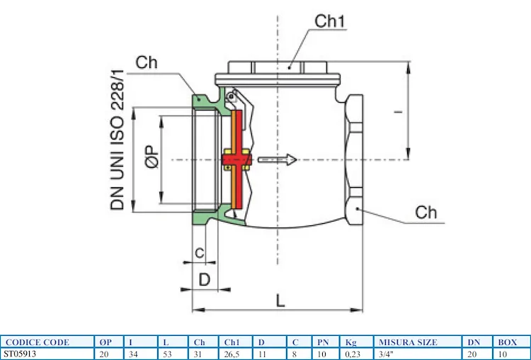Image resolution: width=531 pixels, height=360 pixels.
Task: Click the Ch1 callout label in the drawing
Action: point(329,21)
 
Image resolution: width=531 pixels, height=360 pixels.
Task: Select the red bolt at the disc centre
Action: point(234,160)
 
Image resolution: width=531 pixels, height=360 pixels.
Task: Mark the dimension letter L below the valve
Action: point(280,300)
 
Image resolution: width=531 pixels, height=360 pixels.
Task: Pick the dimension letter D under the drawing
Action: point(205,279)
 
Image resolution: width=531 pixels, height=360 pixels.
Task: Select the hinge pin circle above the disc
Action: point(232,96)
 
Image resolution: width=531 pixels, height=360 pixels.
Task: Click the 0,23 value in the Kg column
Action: point(351,353)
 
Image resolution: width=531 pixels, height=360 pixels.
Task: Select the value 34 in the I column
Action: point(132,353)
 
